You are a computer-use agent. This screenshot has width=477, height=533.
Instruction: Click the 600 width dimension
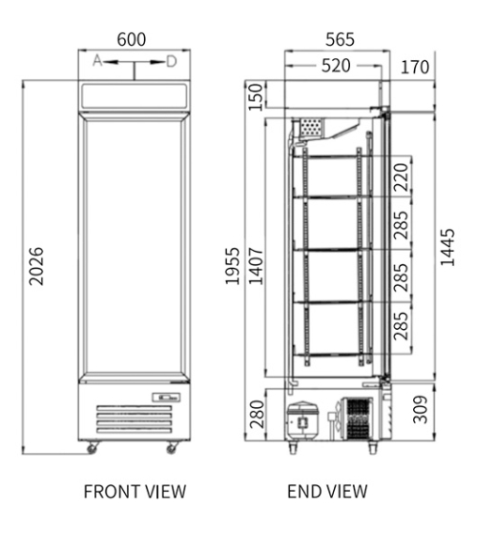(x=132, y=39)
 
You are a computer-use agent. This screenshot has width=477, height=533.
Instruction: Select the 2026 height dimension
(x=36, y=266)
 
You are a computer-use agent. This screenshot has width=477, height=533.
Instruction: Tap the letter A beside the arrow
(x=97, y=60)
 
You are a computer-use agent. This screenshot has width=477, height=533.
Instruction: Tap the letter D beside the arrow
(x=172, y=62)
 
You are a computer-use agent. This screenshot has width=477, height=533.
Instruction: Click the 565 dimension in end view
(x=340, y=39)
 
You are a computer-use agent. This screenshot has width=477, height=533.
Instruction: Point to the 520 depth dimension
(x=336, y=66)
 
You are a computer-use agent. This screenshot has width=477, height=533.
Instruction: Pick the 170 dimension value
(x=415, y=67)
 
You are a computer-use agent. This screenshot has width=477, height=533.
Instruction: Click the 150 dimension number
(x=256, y=97)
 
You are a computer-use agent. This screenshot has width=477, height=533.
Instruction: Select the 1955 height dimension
(x=233, y=266)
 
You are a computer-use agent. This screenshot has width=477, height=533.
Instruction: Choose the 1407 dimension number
(x=256, y=266)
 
